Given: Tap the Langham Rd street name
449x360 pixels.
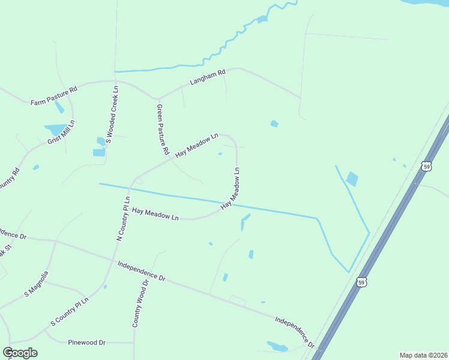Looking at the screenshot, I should tap(207, 77).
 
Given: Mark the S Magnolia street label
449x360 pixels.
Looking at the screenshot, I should tap(36, 284).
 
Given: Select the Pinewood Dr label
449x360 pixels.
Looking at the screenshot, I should tap(86, 342).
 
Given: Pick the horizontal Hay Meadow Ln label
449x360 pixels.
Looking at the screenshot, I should tap(156, 214).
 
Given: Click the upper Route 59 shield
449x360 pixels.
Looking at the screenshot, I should tap(426, 166).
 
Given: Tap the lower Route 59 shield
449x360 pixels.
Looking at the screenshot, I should tap(361, 281).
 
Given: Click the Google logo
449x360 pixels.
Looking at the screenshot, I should tap(20, 353).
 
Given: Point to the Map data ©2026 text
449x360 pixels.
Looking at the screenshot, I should tap(423, 355).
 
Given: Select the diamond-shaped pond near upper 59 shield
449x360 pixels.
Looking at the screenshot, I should tap(352, 179).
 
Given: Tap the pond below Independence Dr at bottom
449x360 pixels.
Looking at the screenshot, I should tap(277, 346).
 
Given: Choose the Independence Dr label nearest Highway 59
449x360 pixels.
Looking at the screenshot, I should tap(295, 332).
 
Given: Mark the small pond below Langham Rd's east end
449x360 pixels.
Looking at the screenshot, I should tap(274, 124).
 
